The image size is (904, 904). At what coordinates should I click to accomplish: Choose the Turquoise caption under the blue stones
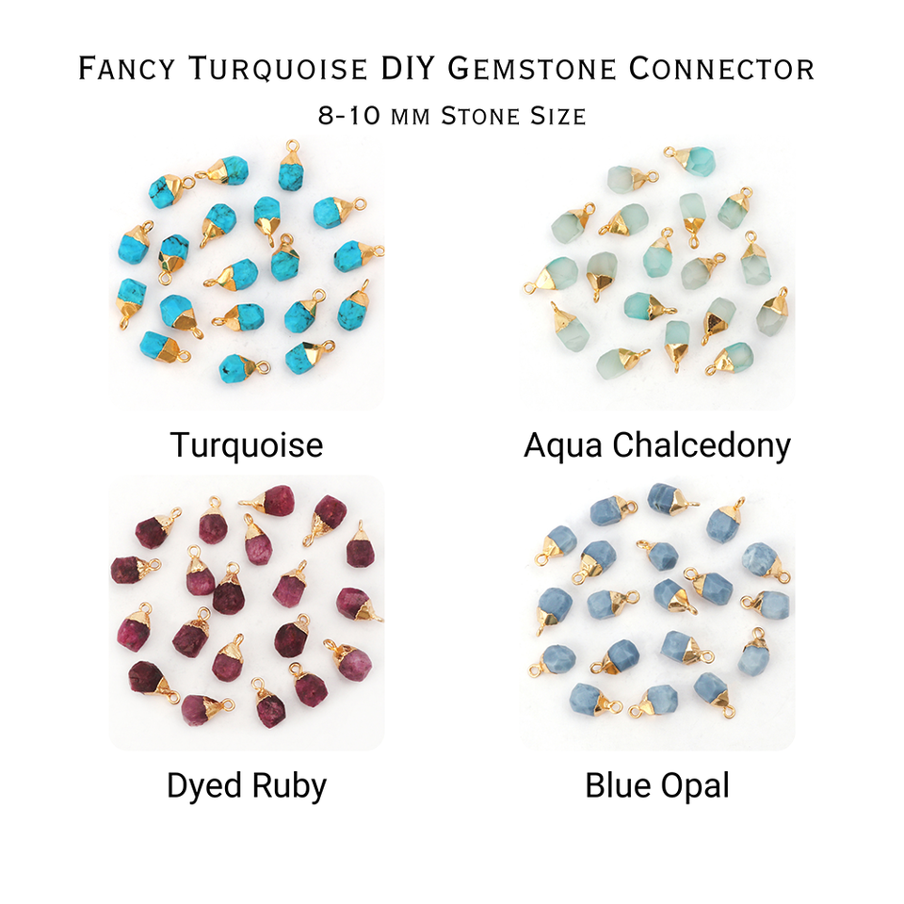click(x=247, y=444)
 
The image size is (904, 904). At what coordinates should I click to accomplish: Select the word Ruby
click(x=292, y=785)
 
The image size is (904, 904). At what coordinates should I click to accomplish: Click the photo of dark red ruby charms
click(x=247, y=612)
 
